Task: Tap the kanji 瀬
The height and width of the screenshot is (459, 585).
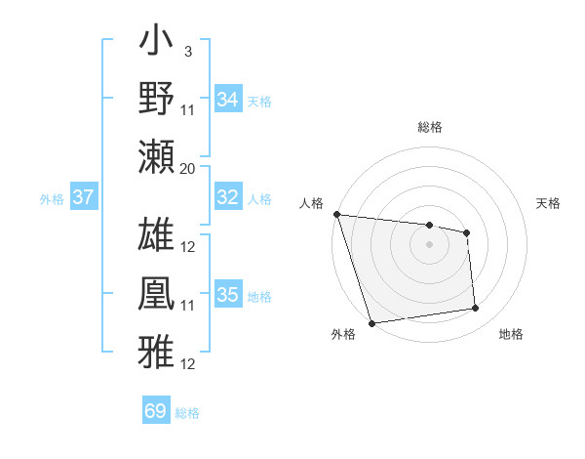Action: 157,156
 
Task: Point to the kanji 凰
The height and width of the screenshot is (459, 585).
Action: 157,293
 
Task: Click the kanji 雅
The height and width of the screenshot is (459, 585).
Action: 157,349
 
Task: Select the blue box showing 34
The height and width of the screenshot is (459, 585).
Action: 228,100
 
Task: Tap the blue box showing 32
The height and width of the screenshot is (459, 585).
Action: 228,197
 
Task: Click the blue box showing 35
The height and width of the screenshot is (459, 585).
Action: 228,295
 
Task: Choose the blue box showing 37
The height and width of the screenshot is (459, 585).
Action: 84,197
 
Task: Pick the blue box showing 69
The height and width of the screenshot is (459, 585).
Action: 156,411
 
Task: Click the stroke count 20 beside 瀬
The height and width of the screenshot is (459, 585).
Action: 188,169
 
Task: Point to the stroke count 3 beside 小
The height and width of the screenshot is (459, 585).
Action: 187,50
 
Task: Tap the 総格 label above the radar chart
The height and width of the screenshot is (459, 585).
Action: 430,127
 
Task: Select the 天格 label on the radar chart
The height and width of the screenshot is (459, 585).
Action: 549,203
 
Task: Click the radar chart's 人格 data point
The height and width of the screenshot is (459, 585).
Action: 336,214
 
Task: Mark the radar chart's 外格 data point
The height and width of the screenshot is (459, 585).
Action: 372,323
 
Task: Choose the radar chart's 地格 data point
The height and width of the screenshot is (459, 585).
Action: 476,309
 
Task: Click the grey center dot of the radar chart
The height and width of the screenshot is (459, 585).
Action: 430,244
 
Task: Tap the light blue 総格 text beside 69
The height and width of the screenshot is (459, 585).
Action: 187,413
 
